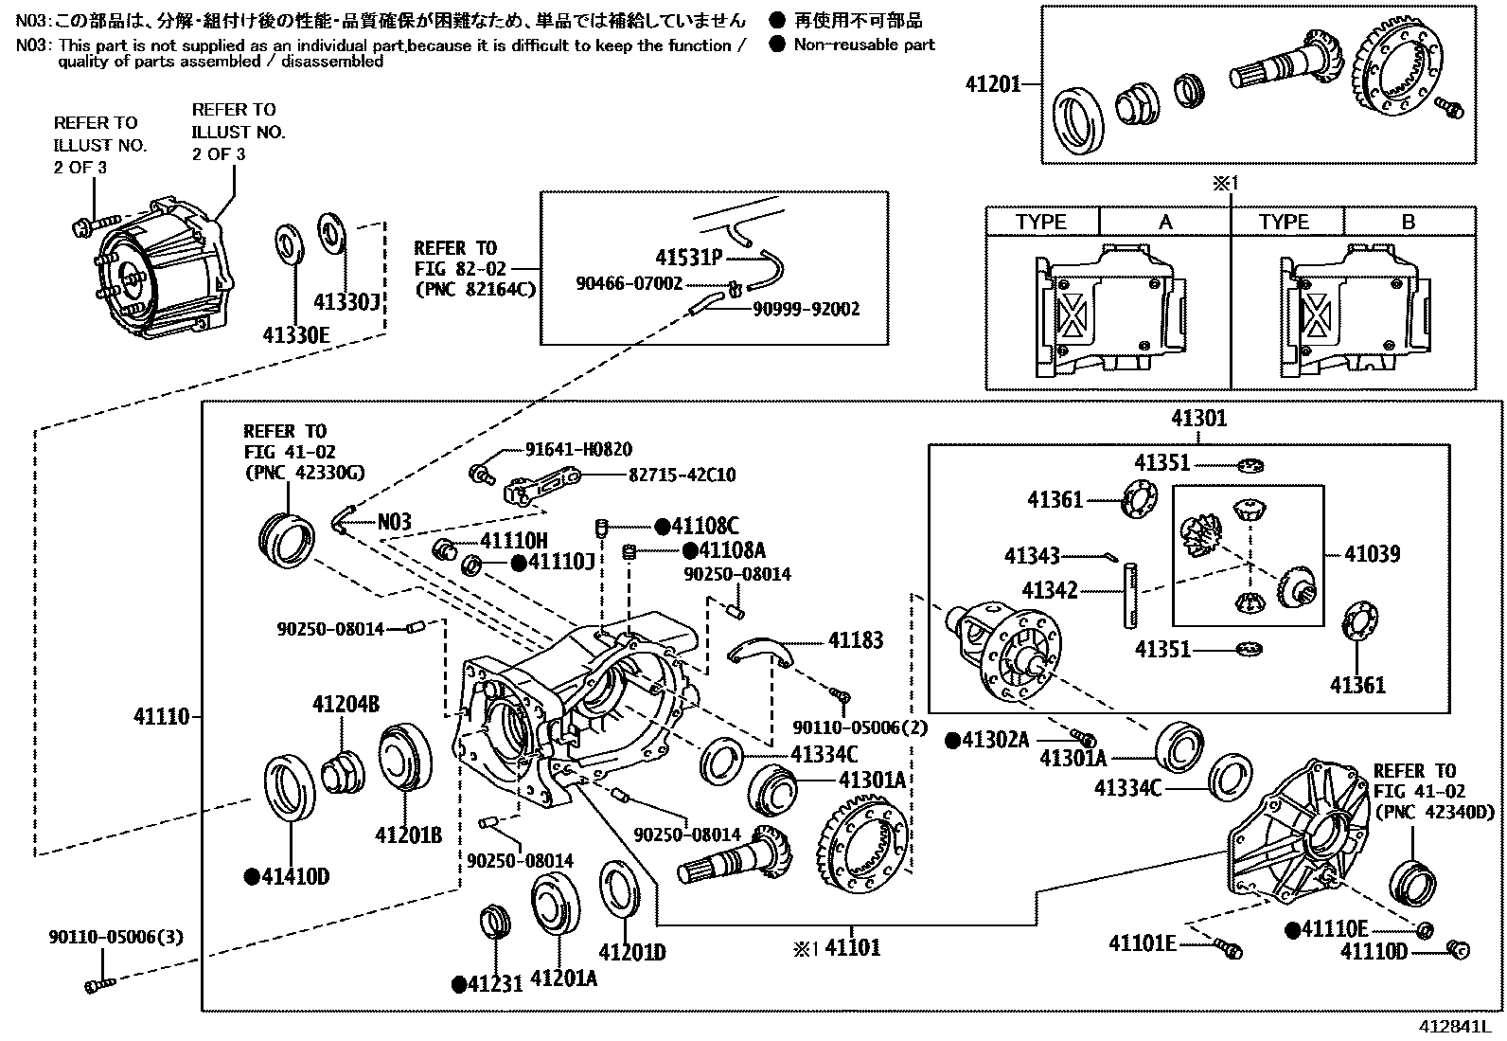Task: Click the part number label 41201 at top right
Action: click(x=993, y=84)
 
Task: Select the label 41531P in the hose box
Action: click(x=688, y=257)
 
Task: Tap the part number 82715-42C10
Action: click(x=682, y=476)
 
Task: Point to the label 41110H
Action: click(x=513, y=541)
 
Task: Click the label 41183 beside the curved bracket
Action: click(x=856, y=640)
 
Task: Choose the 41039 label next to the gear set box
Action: click(x=1372, y=554)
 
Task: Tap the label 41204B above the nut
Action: click(x=346, y=704)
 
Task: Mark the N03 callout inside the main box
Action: click(x=394, y=522)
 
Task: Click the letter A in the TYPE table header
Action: click(x=1165, y=222)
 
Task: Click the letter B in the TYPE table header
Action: click(x=1409, y=222)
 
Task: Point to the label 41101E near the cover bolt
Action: click(x=1142, y=943)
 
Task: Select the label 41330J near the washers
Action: click(x=347, y=301)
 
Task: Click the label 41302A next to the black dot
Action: click(x=995, y=740)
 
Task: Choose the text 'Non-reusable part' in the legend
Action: click(x=864, y=45)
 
